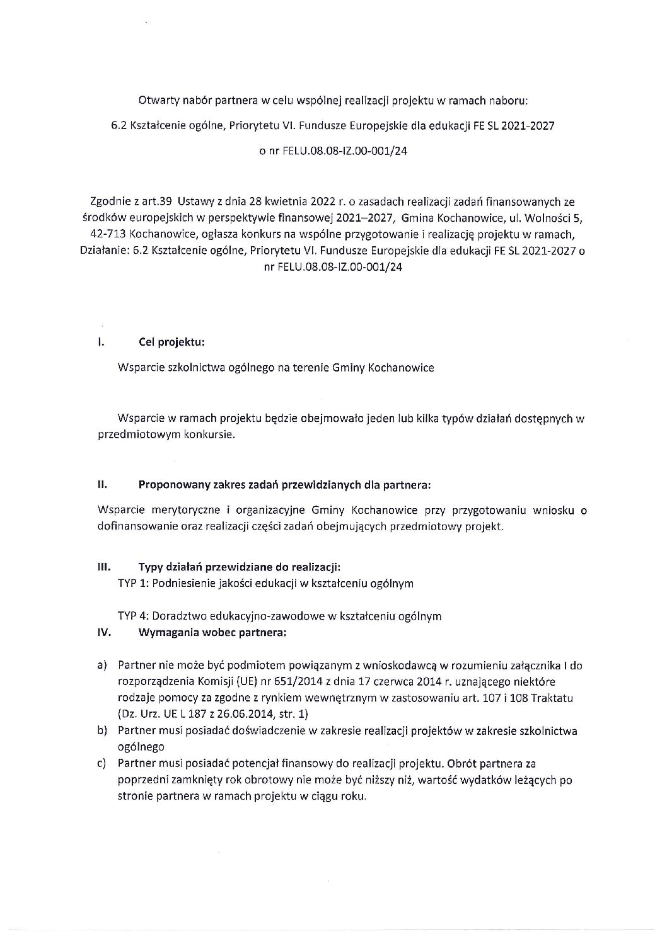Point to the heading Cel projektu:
click(x=171, y=343)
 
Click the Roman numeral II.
click(x=101, y=485)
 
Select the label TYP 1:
click(x=134, y=583)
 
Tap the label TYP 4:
click(x=134, y=616)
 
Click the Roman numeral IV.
click(x=103, y=633)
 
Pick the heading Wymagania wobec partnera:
click(x=212, y=633)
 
